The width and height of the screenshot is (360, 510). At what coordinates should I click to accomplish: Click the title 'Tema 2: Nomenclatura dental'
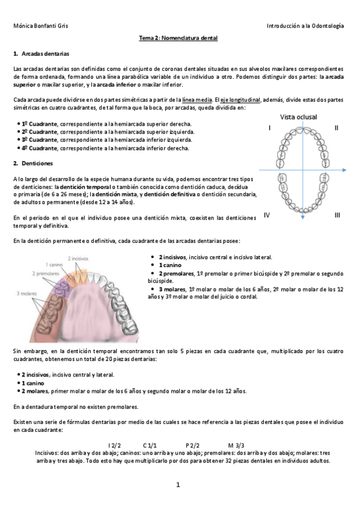click(178, 38)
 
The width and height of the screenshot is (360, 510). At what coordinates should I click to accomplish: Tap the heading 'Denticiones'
click(37, 163)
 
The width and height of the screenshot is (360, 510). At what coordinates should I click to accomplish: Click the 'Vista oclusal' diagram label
click(298, 117)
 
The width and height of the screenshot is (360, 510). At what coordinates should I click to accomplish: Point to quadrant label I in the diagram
click(269, 127)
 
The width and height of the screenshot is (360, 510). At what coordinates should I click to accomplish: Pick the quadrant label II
click(337, 127)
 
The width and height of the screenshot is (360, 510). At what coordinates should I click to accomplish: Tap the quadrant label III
click(337, 215)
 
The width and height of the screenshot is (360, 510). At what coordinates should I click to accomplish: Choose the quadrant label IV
click(266, 215)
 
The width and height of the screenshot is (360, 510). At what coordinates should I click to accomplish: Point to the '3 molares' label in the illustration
click(27, 293)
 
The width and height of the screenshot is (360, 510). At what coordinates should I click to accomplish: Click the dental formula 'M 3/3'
click(236, 444)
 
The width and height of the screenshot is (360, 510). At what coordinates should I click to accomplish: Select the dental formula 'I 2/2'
click(114, 444)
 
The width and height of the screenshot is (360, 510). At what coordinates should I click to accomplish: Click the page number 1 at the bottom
click(178, 484)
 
